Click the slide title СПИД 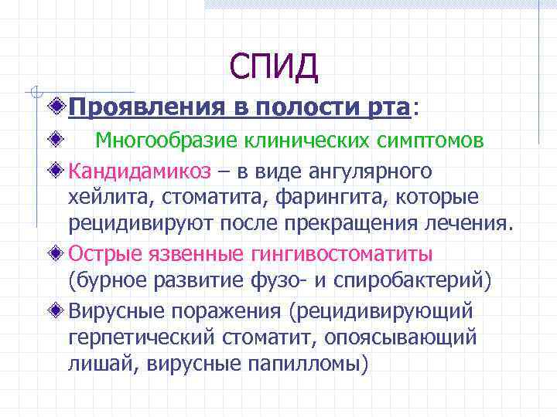click(273, 67)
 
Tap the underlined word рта click(385, 109)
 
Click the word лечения click(469, 225)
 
